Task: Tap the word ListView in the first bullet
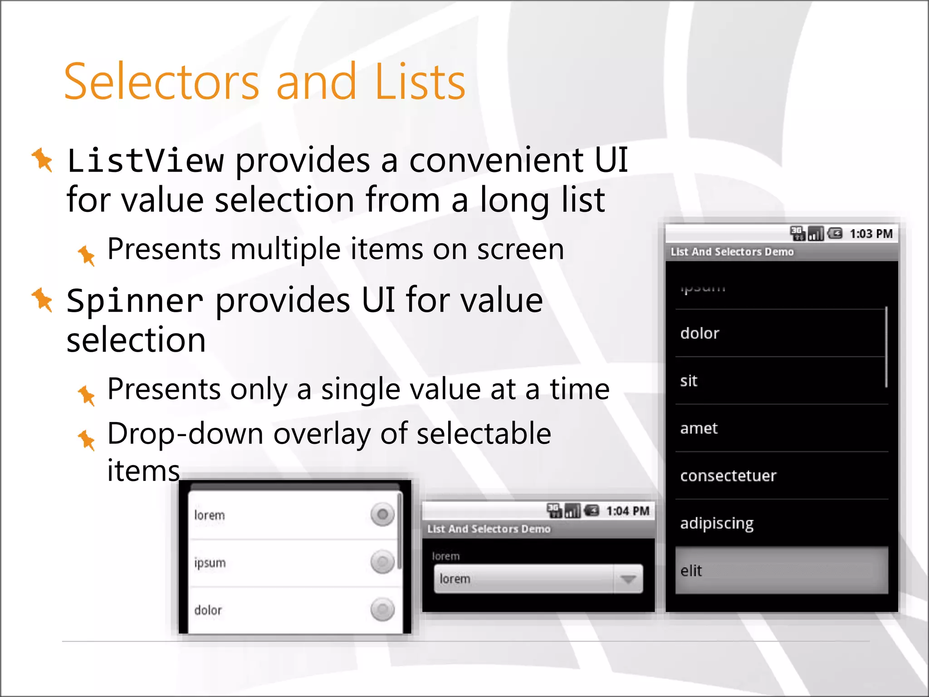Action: (x=145, y=161)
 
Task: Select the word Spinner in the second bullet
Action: (x=135, y=301)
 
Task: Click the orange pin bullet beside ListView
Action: (x=43, y=160)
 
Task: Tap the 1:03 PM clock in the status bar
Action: (x=870, y=234)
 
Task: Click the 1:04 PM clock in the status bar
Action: (x=627, y=511)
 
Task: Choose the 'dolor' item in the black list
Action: (x=700, y=334)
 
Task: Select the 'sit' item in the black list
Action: (x=689, y=381)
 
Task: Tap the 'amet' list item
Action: (x=699, y=428)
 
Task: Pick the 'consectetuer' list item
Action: (x=728, y=476)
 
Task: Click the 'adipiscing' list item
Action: (x=717, y=524)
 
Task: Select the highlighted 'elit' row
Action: (x=781, y=571)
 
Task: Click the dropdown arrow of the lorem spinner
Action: (x=628, y=579)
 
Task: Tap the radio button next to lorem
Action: (x=382, y=515)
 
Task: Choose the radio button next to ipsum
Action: (x=382, y=562)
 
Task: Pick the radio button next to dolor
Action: (x=382, y=609)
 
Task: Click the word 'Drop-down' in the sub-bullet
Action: (x=185, y=434)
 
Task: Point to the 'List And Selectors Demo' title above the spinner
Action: (x=489, y=529)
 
